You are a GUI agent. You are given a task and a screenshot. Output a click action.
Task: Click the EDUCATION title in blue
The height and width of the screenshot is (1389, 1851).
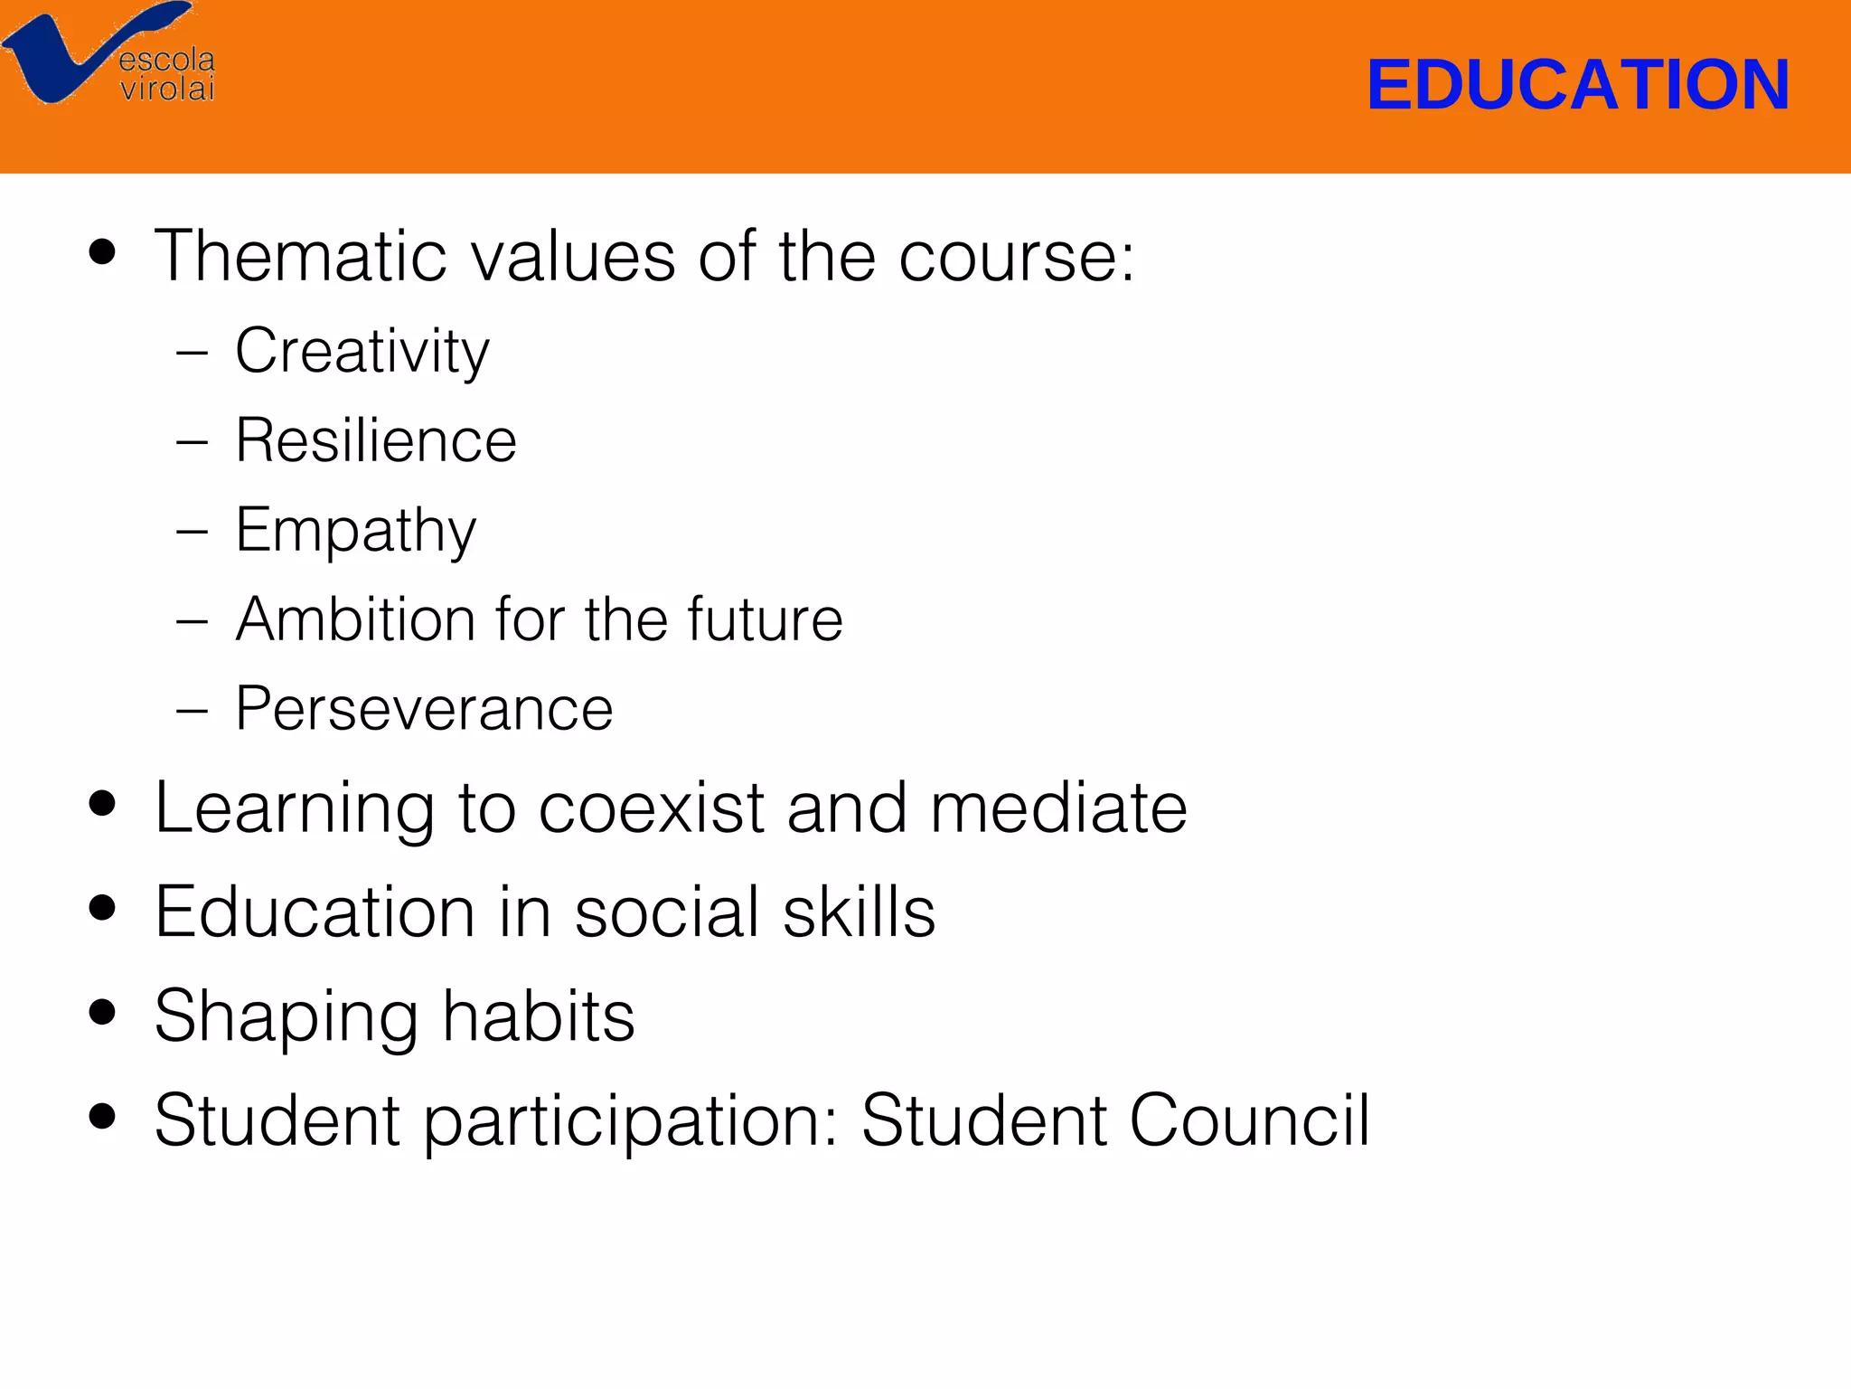point(1577,85)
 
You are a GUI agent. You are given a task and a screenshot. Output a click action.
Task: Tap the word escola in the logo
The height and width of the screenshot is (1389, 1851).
point(167,61)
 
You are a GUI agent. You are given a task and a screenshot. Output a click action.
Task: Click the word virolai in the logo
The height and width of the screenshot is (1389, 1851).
point(167,89)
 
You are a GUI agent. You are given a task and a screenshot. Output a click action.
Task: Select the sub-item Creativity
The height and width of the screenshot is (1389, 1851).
point(362,351)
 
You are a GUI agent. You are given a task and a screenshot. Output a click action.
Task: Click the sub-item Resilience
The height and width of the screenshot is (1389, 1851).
point(375,440)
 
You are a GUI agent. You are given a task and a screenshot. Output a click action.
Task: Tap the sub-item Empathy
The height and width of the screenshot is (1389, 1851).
point(355,531)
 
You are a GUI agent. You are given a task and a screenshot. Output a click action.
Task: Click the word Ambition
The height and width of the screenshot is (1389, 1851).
point(355,619)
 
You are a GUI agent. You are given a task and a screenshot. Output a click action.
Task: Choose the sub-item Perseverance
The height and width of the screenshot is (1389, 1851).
point(424,709)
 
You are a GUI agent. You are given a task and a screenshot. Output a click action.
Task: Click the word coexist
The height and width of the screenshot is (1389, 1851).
point(651,808)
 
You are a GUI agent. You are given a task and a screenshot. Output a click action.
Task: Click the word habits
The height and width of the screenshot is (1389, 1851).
point(539,1016)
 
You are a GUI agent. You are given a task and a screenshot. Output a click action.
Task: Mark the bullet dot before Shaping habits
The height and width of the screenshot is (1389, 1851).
point(103,1012)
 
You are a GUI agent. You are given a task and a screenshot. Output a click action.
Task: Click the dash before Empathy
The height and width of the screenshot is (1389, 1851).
point(193,532)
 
